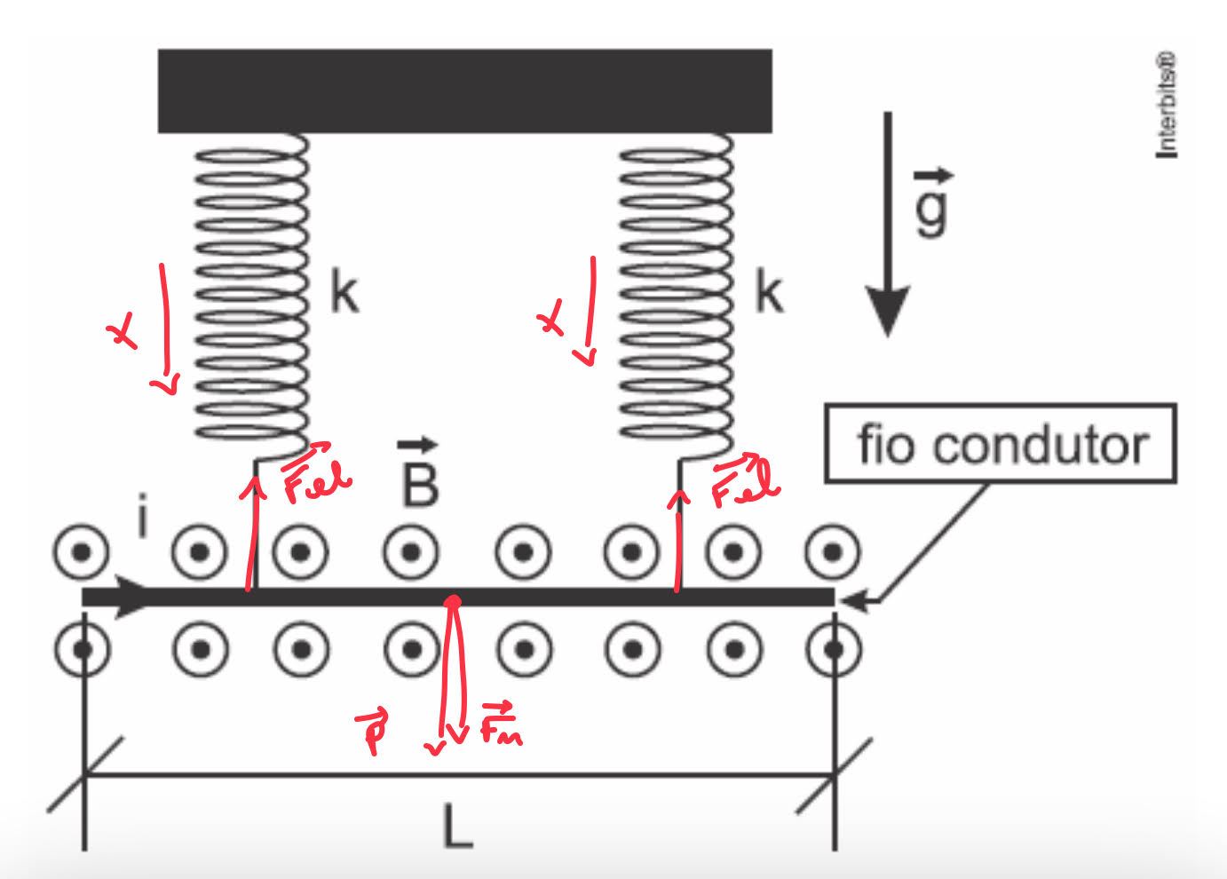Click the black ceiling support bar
tap(464, 91)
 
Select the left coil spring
tap(251, 293)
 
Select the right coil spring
tap(676, 293)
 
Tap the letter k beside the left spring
tap(344, 292)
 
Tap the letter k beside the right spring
tap(769, 292)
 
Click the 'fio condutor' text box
tap(1001, 444)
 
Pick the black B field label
tap(420, 479)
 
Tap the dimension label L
tap(457, 828)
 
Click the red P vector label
tap(374, 730)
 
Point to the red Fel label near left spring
tap(315, 474)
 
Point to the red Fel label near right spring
tap(745, 480)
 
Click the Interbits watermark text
tap(1167, 105)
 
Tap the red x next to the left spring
tap(123, 333)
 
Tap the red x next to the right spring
tap(551, 319)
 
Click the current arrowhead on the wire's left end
tap(133, 597)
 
